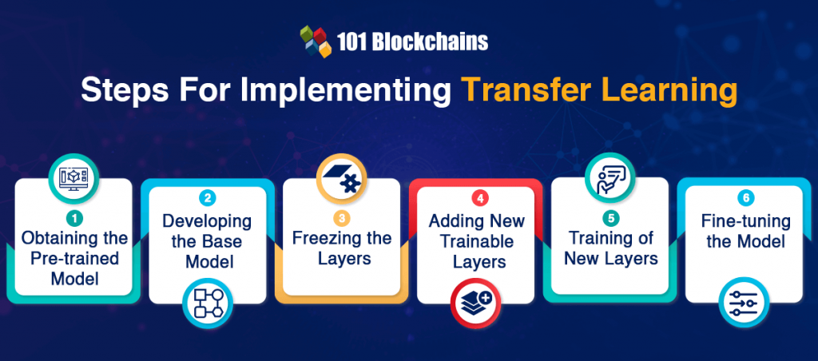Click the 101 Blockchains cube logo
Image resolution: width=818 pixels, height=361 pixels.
click(x=316, y=42)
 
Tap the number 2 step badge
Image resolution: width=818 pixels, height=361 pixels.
click(x=207, y=198)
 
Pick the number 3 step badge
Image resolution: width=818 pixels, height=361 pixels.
click(x=341, y=218)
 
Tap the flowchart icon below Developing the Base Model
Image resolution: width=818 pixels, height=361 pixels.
click(x=208, y=303)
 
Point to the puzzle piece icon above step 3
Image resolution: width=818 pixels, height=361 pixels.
click(x=342, y=178)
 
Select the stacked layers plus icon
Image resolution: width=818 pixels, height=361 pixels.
click(x=475, y=303)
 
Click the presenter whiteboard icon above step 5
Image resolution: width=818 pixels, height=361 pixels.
click(x=610, y=178)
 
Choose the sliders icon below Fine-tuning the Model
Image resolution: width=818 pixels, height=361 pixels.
click(x=744, y=303)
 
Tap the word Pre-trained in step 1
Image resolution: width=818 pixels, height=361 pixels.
click(x=73, y=258)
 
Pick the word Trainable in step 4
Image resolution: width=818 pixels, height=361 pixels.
click(x=475, y=241)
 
